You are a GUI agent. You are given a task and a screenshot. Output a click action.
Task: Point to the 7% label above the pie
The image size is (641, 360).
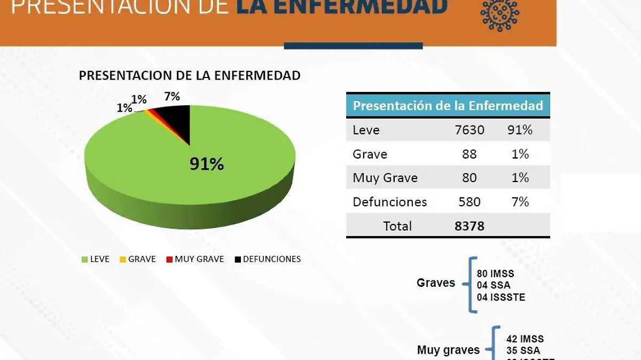tap(172, 97)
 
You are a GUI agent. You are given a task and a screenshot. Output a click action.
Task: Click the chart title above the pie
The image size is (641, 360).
tap(190, 75)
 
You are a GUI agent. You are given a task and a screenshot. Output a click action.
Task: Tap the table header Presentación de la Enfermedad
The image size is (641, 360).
tap(448, 105)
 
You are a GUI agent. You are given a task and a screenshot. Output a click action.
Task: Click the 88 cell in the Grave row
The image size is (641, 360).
tap(470, 154)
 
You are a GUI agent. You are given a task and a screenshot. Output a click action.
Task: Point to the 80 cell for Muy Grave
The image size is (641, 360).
tap(470, 178)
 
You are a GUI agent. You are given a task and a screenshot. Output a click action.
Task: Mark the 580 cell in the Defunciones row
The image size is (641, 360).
tap(470, 202)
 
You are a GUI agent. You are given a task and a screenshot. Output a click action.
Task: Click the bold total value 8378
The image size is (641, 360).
tap(470, 226)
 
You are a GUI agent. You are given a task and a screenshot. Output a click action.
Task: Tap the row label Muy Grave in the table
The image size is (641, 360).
tap(385, 178)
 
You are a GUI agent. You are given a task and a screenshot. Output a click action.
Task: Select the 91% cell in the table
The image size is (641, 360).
tap(520, 130)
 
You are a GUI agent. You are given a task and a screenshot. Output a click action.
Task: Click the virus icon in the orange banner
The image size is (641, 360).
tap(499, 14)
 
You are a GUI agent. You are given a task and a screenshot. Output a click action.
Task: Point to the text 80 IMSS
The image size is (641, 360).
tap(495, 274)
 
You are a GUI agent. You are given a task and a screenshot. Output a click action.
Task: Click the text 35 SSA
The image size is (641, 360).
tap(523, 351)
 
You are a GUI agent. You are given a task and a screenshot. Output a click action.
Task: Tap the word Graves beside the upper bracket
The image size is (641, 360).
tap(436, 283)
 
